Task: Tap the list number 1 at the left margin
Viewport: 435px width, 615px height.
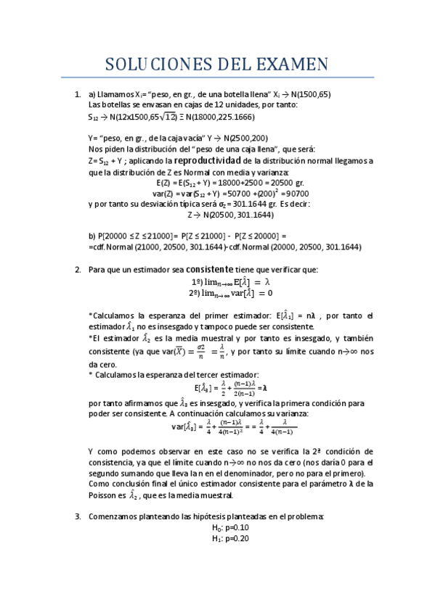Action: click(78, 94)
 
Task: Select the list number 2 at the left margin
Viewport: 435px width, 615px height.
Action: click(78, 269)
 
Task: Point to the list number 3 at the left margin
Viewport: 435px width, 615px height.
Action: click(78, 516)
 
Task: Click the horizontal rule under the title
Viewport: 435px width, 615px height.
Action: click(217, 77)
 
